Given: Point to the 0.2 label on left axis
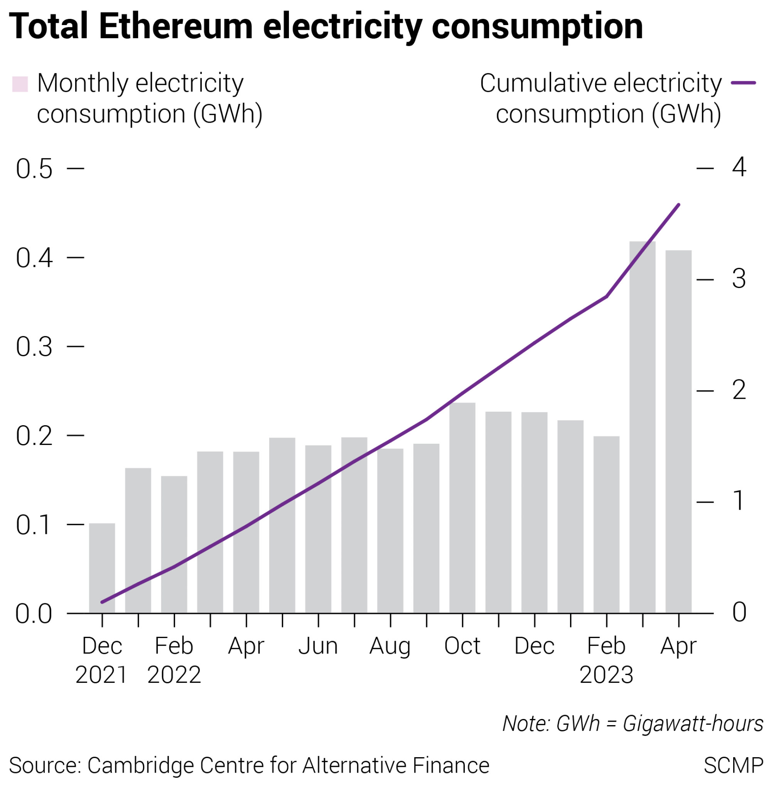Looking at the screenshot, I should pyautogui.click(x=34, y=436).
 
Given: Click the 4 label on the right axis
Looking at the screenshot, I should pyautogui.click(x=739, y=167).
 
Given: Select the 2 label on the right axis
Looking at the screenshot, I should pyautogui.click(x=739, y=390).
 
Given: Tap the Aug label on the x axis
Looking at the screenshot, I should pyautogui.click(x=390, y=646).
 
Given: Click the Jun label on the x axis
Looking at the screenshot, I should pyautogui.click(x=318, y=646).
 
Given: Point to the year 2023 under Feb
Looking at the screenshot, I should pyautogui.click(x=606, y=675).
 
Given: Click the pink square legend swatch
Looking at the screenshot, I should pyautogui.click(x=20, y=84).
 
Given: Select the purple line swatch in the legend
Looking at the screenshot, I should pyautogui.click(x=743, y=83).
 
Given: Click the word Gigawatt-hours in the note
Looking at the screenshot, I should pyautogui.click(x=693, y=723).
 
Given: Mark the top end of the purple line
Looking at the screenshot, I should pyautogui.click(x=679, y=205).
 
